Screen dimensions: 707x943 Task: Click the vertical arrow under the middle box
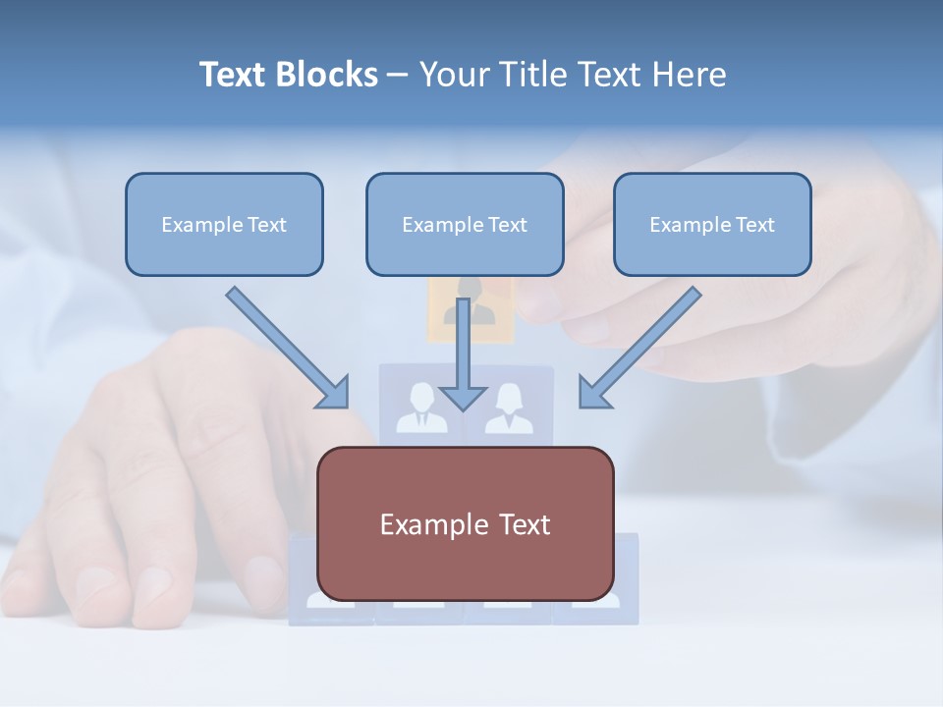[463, 344]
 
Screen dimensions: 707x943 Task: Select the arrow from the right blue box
[643, 344]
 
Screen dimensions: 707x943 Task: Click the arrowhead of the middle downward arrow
[463, 398]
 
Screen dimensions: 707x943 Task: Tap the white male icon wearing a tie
[420, 410]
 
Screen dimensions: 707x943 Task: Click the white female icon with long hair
[510, 410]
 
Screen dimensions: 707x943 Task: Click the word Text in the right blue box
[755, 225]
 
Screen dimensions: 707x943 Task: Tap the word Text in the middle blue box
[508, 225]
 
